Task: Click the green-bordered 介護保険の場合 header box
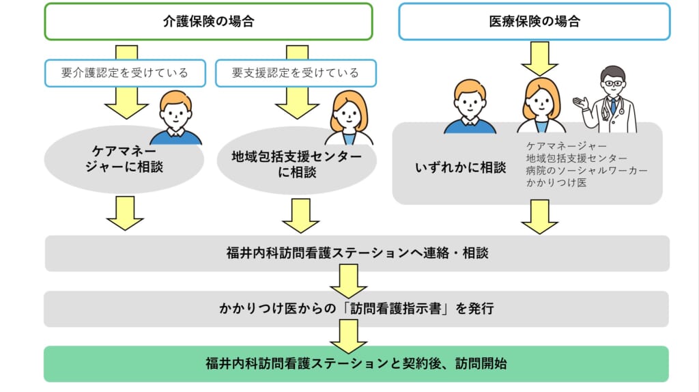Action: [x=208, y=21]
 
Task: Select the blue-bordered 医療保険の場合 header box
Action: [x=534, y=21]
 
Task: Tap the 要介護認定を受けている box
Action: [x=124, y=73]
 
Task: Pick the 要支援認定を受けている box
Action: [x=296, y=73]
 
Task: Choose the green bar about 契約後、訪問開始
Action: [x=356, y=363]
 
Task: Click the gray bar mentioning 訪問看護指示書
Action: [x=356, y=309]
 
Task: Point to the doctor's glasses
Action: [x=613, y=84]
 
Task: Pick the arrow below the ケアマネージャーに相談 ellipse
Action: [x=125, y=212]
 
